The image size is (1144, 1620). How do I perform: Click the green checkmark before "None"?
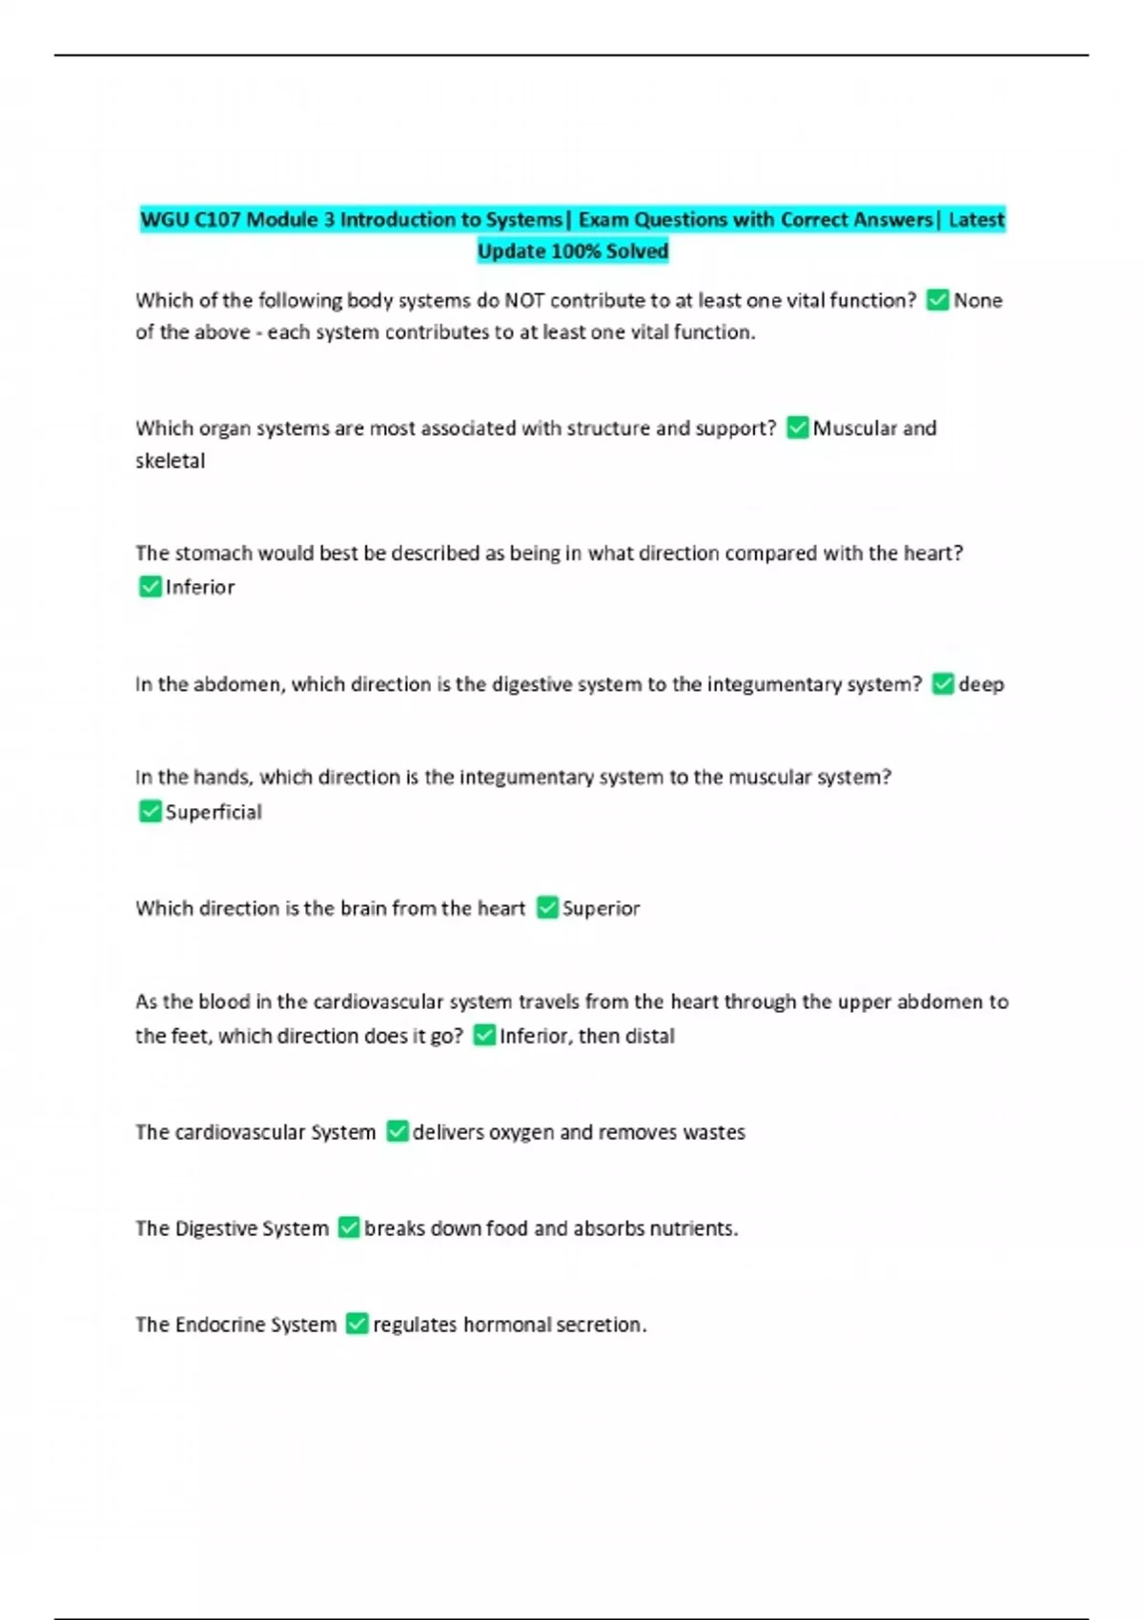[938, 301]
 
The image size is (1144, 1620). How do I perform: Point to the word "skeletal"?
[170, 461]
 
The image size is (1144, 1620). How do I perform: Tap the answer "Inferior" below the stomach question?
[199, 588]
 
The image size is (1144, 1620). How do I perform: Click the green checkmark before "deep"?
[943, 684]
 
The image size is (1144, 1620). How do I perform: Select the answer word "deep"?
[981, 685]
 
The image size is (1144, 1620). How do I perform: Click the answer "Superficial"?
[214, 813]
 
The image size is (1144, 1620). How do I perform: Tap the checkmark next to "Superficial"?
[150, 812]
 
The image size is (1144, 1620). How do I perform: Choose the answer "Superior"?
[601, 909]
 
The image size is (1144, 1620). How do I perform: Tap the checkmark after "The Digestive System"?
[349, 1228]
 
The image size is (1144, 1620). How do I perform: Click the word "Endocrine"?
[220, 1326]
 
